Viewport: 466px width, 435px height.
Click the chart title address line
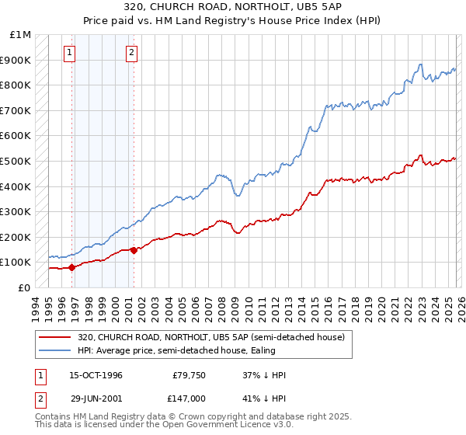point(232,6)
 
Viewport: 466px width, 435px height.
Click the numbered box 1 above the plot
point(70,53)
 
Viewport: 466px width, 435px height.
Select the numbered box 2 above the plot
point(131,53)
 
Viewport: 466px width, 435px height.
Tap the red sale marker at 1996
point(72,267)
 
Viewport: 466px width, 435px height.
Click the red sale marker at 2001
point(134,250)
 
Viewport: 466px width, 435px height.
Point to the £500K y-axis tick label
point(17,161)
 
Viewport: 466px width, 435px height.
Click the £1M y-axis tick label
point(22,34)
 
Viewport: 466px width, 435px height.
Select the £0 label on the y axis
point(25,287)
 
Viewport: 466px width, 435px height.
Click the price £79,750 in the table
point(189,375)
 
